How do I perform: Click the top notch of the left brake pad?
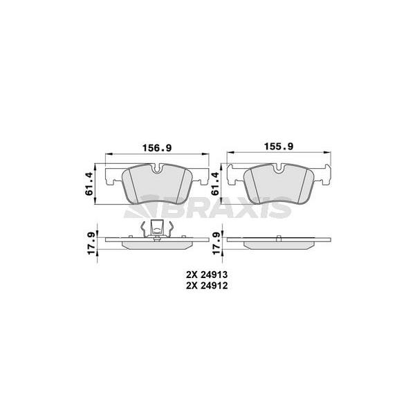click(158, 168)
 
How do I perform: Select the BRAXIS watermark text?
click(207, 206)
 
